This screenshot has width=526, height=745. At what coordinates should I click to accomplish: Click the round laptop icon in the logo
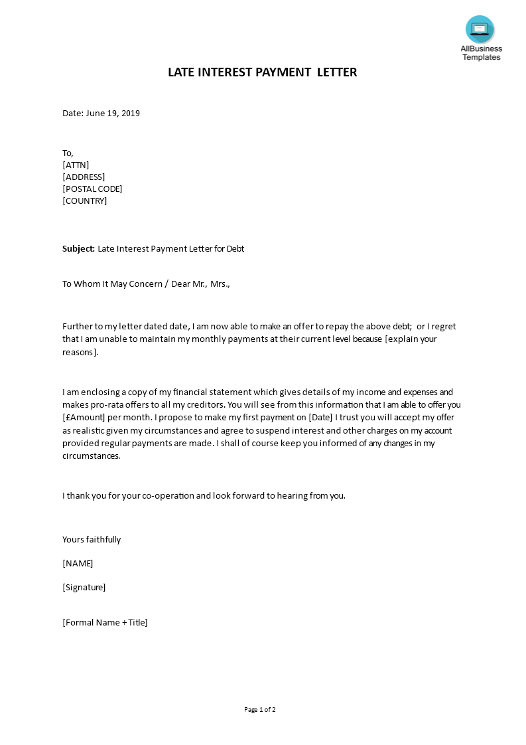click(x=480, y=29)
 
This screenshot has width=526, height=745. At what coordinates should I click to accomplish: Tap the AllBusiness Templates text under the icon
click(x=482, y=53)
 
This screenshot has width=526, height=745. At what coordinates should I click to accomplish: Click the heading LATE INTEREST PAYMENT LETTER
click(x=263, y=72)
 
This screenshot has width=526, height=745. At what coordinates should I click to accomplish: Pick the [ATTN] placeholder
click(x=76, y=165)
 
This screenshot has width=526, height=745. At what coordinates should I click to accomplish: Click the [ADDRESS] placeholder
click(x=84, y=177)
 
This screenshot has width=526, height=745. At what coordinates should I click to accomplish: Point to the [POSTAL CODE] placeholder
click(x=92, y=189)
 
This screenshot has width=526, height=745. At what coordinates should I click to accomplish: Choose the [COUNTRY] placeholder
click(x=84, y=201)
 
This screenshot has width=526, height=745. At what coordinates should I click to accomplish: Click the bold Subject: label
click(x=79, y=249)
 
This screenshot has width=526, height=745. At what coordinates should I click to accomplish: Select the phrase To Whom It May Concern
click(x=113, y=284)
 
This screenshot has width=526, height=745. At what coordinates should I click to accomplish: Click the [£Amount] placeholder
click(x=86, y=418)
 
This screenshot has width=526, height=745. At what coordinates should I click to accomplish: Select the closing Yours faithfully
click(x=92, y=540)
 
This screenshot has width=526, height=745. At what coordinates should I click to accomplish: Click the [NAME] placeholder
click(x=78, y=564)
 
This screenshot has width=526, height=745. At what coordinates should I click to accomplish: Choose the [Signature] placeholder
click(x=84, y=588)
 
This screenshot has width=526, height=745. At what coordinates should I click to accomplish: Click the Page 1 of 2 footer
click(x=260, y=710)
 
